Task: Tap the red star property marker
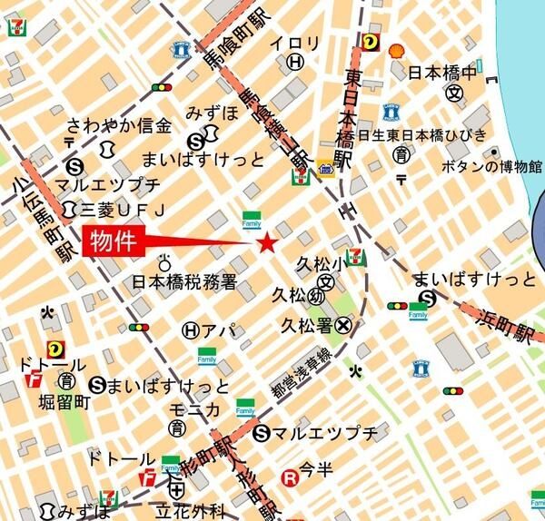267,242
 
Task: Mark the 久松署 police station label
304,324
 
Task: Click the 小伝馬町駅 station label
43,217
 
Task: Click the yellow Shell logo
396,51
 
